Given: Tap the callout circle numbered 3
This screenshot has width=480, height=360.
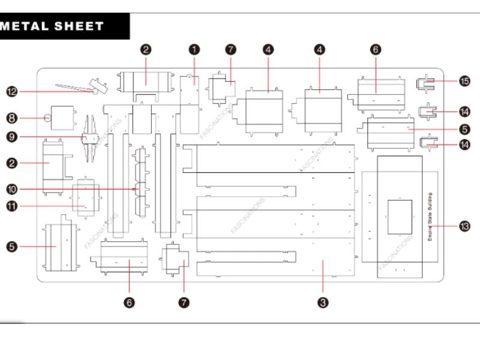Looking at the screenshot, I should [x=323, y=303].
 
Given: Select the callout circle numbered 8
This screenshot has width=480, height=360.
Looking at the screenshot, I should [x=11, y=118].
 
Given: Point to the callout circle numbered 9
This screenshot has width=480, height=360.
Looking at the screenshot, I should [x=11, y=137].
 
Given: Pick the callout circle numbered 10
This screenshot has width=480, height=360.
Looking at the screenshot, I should [x=11, y=189].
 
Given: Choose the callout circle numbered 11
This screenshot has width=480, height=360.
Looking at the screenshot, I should [x=11, y=206].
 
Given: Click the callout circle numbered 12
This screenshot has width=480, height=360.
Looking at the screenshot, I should [x=11, y=92].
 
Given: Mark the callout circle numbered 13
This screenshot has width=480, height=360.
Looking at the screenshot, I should [x=464, y=226].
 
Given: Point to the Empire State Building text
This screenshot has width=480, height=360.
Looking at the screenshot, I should [x=430, y=217].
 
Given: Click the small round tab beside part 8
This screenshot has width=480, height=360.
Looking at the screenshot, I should [x=47, y=118].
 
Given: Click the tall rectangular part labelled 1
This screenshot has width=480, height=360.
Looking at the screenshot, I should [x=190, y=105].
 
